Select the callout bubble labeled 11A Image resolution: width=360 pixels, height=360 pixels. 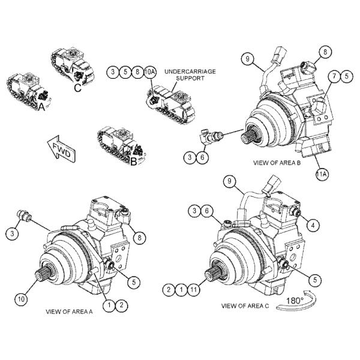321,174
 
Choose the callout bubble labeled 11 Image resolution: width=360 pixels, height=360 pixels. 193,290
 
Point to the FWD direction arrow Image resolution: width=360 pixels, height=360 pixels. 60,149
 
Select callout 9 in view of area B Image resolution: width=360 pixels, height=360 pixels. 246,58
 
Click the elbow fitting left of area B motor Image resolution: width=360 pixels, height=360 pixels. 208,139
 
